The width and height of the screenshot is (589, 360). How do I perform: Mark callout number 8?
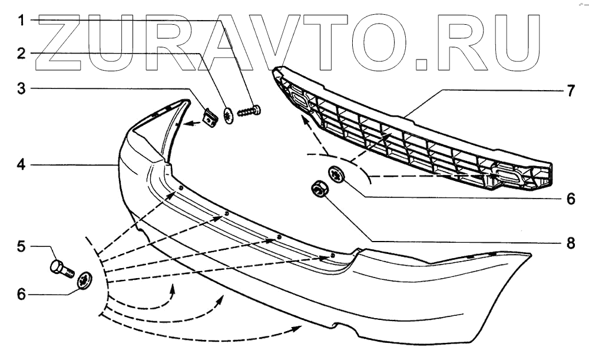(570, 242)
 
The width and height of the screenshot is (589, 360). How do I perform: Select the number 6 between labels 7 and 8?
(570, 199)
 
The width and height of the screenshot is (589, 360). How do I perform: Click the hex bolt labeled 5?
(61, 269)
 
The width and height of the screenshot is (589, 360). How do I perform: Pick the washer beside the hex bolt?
(85, 282)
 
